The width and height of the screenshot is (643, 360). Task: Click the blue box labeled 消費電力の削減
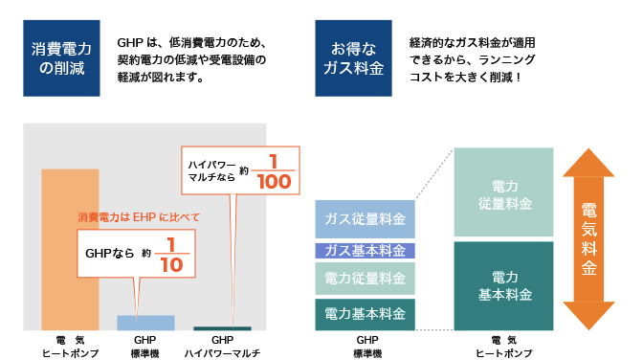coord(61,58)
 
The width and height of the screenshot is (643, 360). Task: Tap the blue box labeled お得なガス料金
coord(353,58)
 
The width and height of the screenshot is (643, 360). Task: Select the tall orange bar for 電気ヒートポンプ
coord(70,250)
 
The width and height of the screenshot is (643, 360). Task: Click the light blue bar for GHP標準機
coord(145,323)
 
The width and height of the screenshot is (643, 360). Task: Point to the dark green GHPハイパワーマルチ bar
coord(222,328)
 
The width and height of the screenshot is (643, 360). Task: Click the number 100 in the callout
coord(275,182)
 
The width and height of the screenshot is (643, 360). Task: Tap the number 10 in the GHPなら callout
coord(172,265)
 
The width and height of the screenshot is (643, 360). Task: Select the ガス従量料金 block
coord(365,219)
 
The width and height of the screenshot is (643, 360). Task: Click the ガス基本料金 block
coord(365,251)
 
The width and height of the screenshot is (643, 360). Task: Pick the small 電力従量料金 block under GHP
coord(365,279)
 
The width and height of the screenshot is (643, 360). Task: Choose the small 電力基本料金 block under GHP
coord(365,314)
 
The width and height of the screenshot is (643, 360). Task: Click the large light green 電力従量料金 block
coord(503,192)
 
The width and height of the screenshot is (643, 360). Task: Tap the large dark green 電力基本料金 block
coord(503,286)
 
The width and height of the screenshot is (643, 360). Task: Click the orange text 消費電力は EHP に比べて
coord(139,217)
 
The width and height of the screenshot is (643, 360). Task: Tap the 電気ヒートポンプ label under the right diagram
coord(504,347)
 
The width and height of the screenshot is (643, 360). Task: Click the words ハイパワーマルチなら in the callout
coord(212,170)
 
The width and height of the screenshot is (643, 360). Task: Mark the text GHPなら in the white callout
coord(109,254)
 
